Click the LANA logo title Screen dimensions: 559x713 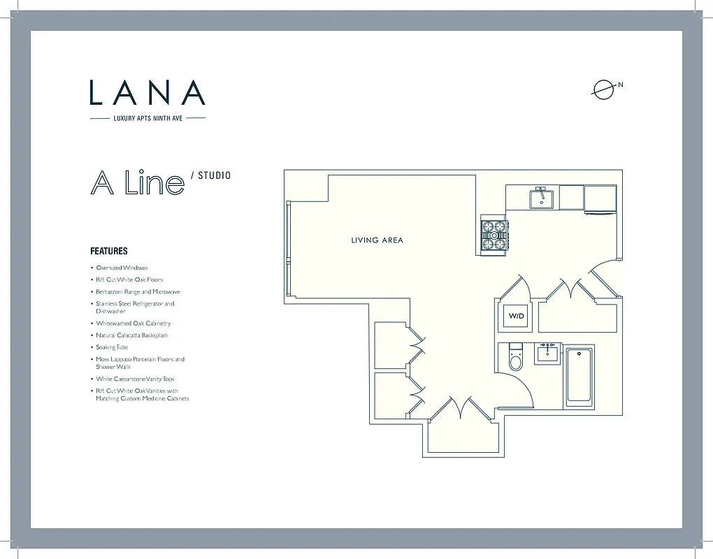point(147,93)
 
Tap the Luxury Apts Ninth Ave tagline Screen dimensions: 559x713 point(147,118)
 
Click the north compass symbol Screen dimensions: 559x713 point(603,89)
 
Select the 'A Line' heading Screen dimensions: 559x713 point(137,183)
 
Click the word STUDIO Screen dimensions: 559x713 point(214,175)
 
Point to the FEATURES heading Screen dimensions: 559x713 point(109,251)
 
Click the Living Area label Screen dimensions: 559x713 point(377,240)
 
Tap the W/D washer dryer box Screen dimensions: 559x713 point(516,317)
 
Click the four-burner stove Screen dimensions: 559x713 point(494,235)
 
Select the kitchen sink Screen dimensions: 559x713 point(540,198)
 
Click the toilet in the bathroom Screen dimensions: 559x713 point(516,358)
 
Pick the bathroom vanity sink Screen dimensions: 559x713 point(547,354)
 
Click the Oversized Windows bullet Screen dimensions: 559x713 point(122,268)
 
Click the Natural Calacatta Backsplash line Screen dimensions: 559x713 point(132,335)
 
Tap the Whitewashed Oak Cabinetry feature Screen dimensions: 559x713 point(133,324)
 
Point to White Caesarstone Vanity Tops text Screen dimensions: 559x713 point(135,379)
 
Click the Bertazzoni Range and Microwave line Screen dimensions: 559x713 point(138,291)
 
